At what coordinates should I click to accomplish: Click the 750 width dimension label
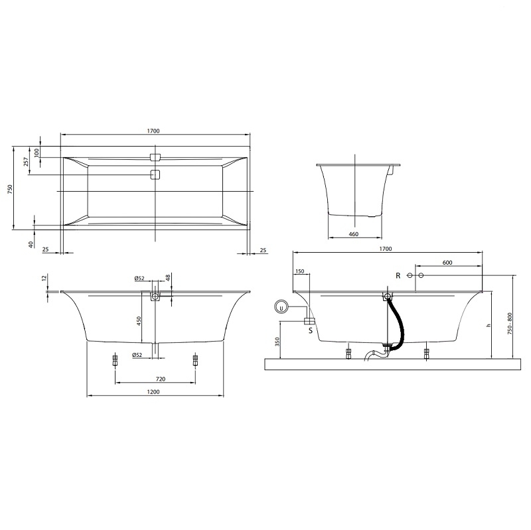9,188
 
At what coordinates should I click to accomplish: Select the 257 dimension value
26,162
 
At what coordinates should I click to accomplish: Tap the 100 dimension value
37,153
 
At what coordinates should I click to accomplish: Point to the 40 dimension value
31,244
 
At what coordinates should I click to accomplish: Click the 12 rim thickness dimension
43,278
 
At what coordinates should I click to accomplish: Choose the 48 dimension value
168,277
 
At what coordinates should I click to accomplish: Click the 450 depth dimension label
139,321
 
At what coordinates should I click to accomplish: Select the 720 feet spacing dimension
161,379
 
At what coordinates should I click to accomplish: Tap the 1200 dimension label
153,392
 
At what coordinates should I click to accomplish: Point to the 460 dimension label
353,234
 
